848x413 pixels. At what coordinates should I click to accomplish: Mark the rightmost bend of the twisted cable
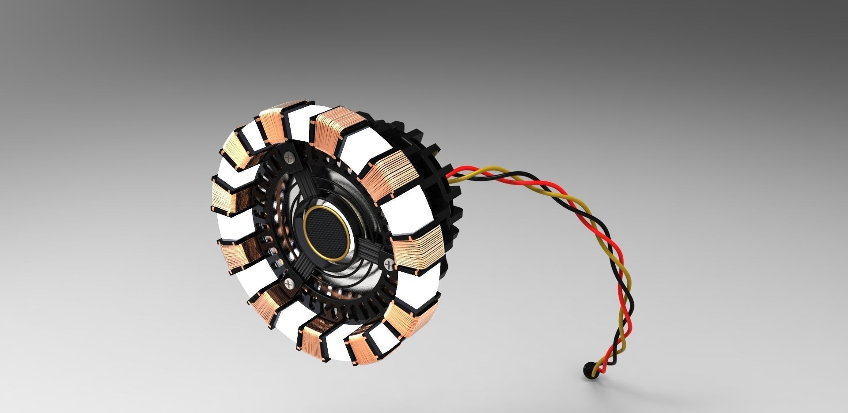627,282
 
